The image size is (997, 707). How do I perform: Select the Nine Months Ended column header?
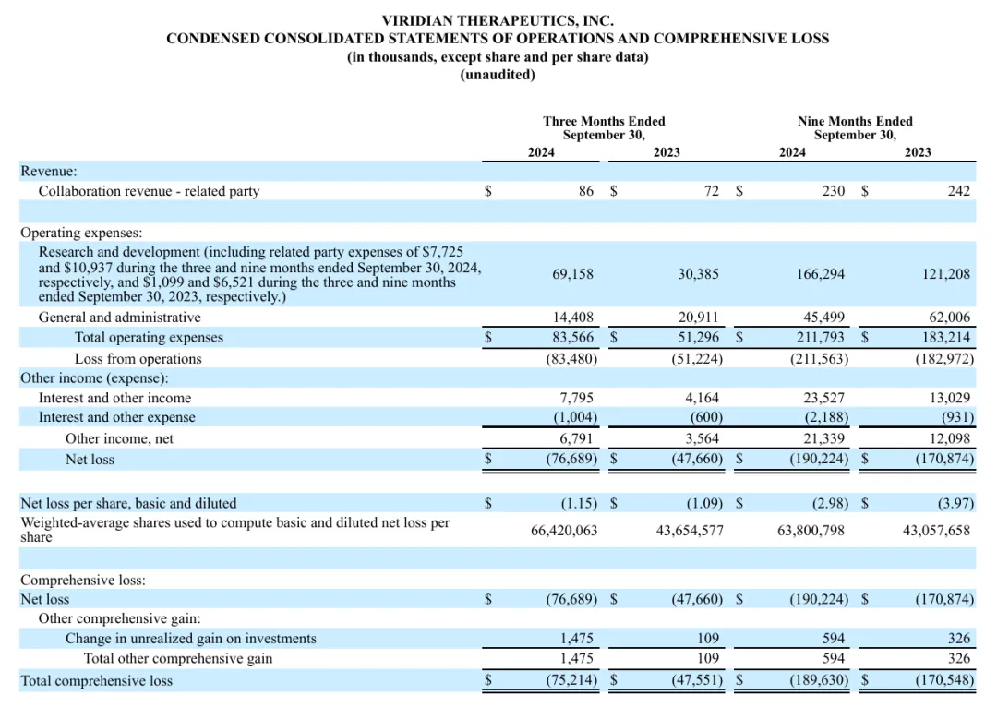[x=854, y=121]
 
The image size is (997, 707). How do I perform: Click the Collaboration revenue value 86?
[x=586, y=191]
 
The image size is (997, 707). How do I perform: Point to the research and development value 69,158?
[x=573, y=274]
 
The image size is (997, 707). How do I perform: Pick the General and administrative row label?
[x=119, y=318]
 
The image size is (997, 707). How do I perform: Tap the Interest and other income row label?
[x=114, y=398]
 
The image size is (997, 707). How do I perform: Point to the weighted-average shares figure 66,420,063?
[x=564, y=531]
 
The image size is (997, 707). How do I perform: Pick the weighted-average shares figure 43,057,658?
[x=937, y=531]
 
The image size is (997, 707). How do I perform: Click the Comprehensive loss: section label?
[x=83, y=581]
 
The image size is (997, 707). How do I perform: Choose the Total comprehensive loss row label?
[x=96, y=681]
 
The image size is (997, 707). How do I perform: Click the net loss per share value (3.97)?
[x=954, y=503]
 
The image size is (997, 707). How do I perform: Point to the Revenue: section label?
[x=49, y=171]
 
